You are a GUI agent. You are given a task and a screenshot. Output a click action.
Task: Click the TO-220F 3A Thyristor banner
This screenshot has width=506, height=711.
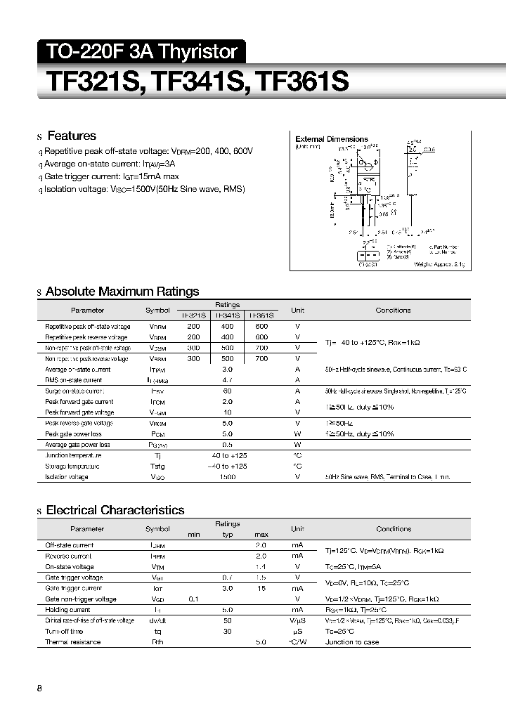point(141,52)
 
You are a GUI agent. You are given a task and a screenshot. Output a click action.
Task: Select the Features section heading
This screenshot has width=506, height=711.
point(70,136)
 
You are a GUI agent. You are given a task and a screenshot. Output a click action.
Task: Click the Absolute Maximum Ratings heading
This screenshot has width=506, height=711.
point(122,292)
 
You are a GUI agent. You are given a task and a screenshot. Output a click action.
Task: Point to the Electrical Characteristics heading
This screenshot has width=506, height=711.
point(115,510)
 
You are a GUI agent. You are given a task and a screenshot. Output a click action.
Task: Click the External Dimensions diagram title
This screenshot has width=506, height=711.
point(331,139)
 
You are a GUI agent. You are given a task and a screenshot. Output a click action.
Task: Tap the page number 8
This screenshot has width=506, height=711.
point(39,688)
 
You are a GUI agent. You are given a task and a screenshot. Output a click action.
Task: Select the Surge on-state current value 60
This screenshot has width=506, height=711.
point(227,391)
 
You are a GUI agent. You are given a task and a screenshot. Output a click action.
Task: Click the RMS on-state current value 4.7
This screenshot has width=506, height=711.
point(227,380)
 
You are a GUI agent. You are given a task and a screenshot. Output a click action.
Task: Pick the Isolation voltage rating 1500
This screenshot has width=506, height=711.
point(227,477)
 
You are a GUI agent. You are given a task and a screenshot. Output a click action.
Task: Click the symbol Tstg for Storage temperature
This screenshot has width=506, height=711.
point(157,467)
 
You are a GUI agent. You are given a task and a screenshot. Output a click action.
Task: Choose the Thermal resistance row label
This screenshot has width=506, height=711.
point(73,642)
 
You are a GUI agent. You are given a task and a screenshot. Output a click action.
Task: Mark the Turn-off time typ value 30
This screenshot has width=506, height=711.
point(227,632)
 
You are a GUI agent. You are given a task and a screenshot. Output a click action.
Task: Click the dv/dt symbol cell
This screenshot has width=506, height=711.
point(157,620)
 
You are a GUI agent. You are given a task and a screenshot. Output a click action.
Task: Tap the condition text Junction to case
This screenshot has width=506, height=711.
point(352,642)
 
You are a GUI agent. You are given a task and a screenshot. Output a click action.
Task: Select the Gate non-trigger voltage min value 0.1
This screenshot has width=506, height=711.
point(193,599)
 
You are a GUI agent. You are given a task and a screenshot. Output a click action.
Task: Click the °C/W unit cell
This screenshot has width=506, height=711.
point(297,642)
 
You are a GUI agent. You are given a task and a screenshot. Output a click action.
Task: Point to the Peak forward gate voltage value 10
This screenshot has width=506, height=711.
point(227,412)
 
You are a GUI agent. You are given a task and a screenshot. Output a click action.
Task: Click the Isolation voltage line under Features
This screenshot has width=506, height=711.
point(144,190)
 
